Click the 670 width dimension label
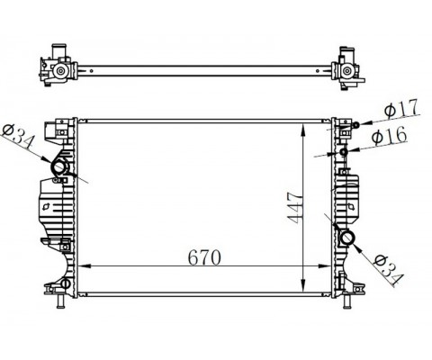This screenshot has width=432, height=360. coord(204,257)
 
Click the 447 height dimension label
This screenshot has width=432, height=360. coord(295,208)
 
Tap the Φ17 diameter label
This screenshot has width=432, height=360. coord(400,109)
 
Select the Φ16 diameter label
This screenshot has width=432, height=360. coord(389,136)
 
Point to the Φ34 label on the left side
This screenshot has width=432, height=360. coord(19,137)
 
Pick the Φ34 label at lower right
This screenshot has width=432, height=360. coord(389,270)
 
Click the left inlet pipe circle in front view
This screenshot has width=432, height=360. coord(59,167)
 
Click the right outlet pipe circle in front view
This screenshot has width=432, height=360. coord(347,238)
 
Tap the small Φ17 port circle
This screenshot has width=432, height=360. coord(355,125)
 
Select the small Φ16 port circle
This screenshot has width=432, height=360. coord(344,152)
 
